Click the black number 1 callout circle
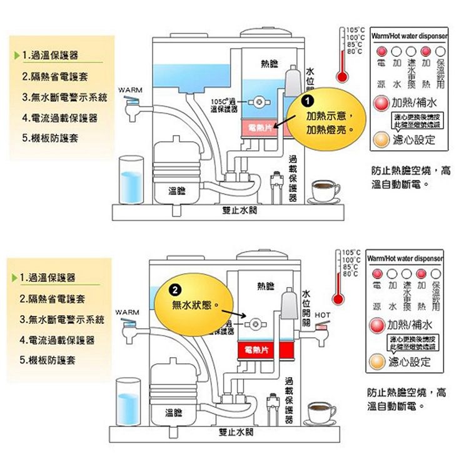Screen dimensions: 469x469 pyautogui.click(x=306, y=102)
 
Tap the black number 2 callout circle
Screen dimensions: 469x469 pyautogui.click(x=177, y=290)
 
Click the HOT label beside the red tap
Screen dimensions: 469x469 pyautogui.click(x=323, y=314)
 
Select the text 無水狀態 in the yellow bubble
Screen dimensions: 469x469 pyautogui.click(x=194, y=306)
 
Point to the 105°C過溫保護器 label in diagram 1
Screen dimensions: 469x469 pyautogui.click(x=224, y=104)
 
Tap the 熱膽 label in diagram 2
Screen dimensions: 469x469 pyautogui.click(x=266, y=286)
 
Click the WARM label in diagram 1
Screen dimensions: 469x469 pyautogui.click(x=128, y=89)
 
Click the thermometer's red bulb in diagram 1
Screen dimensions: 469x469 pyautogui.click(x=341, y=78)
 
